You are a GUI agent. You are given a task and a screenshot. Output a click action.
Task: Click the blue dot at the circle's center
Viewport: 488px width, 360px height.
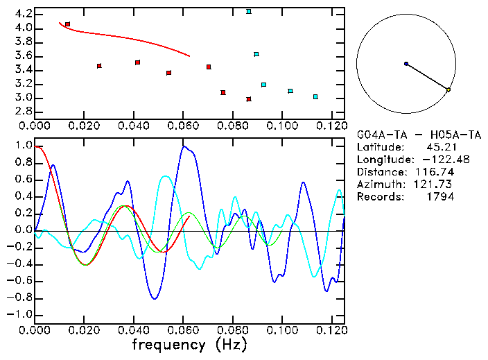(x=406, y=64)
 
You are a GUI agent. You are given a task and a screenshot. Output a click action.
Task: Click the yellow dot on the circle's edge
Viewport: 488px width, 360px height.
(x=448, y=90)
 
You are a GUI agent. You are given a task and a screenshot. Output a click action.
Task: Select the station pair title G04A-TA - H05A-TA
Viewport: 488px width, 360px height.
(x=419, y=135)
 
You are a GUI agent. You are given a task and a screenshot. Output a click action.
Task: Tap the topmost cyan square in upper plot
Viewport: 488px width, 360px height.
(x=249, y=12)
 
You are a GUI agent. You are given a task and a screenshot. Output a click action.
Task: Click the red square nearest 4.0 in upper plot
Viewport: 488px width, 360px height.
(x=67, y=24)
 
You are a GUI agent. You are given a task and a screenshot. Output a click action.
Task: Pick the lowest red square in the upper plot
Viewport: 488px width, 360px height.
(x=249, y=99)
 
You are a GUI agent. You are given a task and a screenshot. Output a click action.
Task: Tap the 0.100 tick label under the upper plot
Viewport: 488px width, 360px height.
(x=281, y=126)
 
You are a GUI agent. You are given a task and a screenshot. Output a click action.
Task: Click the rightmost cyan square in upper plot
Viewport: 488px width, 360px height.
(x=315, y=97)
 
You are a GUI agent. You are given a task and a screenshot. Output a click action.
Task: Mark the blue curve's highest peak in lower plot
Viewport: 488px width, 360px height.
(x=184, y=146)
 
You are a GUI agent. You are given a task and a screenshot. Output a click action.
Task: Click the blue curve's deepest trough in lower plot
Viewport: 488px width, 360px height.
(x=155, y=298)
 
